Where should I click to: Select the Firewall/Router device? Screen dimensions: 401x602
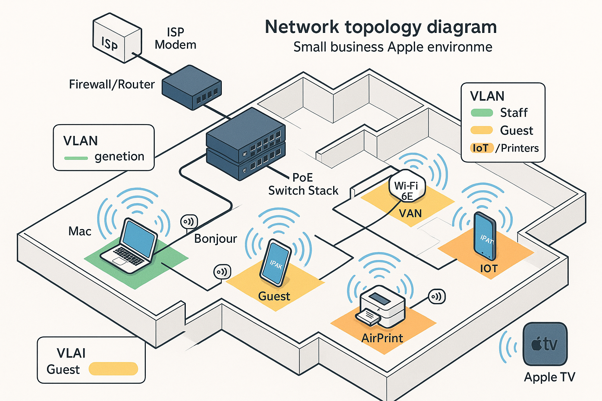tap(192, 87)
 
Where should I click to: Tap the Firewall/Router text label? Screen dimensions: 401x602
tap(112, 84)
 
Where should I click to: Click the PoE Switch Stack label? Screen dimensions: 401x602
tap(303, 184)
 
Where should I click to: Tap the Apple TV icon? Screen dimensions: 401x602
tap(545, 344)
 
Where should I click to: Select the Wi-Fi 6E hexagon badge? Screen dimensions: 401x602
tap(407, 186)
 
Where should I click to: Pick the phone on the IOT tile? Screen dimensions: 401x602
tap(485, 236)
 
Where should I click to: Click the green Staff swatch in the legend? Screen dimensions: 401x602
tap(482, 113)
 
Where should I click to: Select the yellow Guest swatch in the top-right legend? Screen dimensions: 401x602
tap(482, 130)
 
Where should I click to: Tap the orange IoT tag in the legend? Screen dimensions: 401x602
tap(481, 148)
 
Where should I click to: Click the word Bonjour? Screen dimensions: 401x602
tap(216, 238)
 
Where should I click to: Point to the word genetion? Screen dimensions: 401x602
tap(120, 157)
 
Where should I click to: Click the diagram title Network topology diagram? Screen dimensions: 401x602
tap(381, 27)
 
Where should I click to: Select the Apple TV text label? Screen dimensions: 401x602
tap(549, 377)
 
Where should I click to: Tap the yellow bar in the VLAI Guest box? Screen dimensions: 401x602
tap(113, 369)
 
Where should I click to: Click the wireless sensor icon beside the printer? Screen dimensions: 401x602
tap(437, 296)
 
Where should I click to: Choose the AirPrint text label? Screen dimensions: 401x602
tap(382, 338)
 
